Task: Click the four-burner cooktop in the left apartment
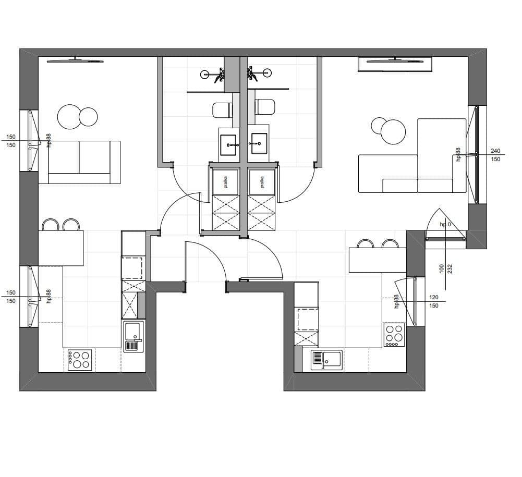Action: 80,360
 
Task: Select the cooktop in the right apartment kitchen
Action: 394,335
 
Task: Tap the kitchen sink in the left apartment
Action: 133,336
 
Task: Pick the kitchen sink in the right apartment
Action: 326,360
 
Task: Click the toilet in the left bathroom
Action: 222,110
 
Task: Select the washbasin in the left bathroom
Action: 228,145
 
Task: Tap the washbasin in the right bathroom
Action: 259,143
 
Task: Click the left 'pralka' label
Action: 226,182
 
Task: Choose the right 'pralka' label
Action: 262,182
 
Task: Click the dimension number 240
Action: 495,151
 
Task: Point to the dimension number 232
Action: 450,268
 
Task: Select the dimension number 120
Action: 434,297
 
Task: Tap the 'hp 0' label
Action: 445,224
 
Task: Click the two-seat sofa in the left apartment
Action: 79,162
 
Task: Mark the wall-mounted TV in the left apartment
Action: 75,60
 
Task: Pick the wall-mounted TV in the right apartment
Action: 395,60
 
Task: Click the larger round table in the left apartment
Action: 69,117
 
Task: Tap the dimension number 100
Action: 442,268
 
